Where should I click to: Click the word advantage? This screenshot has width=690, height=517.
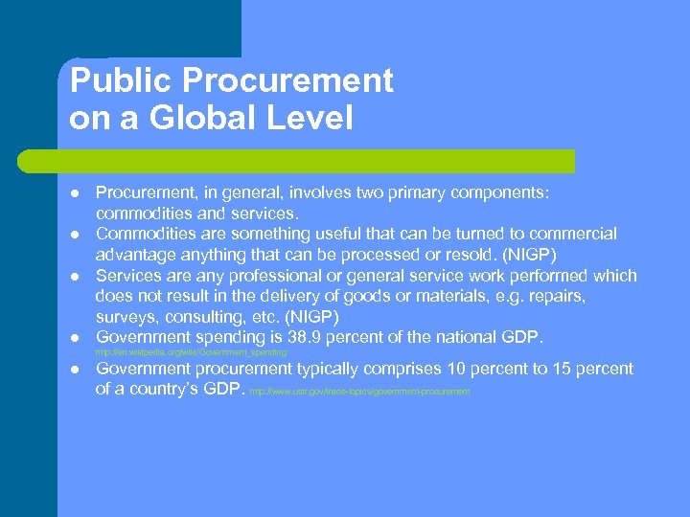135,254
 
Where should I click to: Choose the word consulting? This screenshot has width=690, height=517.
207,317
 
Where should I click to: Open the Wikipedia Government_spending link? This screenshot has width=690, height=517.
192,353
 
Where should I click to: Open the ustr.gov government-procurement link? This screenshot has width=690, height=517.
359,392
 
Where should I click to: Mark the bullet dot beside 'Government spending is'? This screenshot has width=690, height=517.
73,338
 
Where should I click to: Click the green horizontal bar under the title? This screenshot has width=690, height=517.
316,161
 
